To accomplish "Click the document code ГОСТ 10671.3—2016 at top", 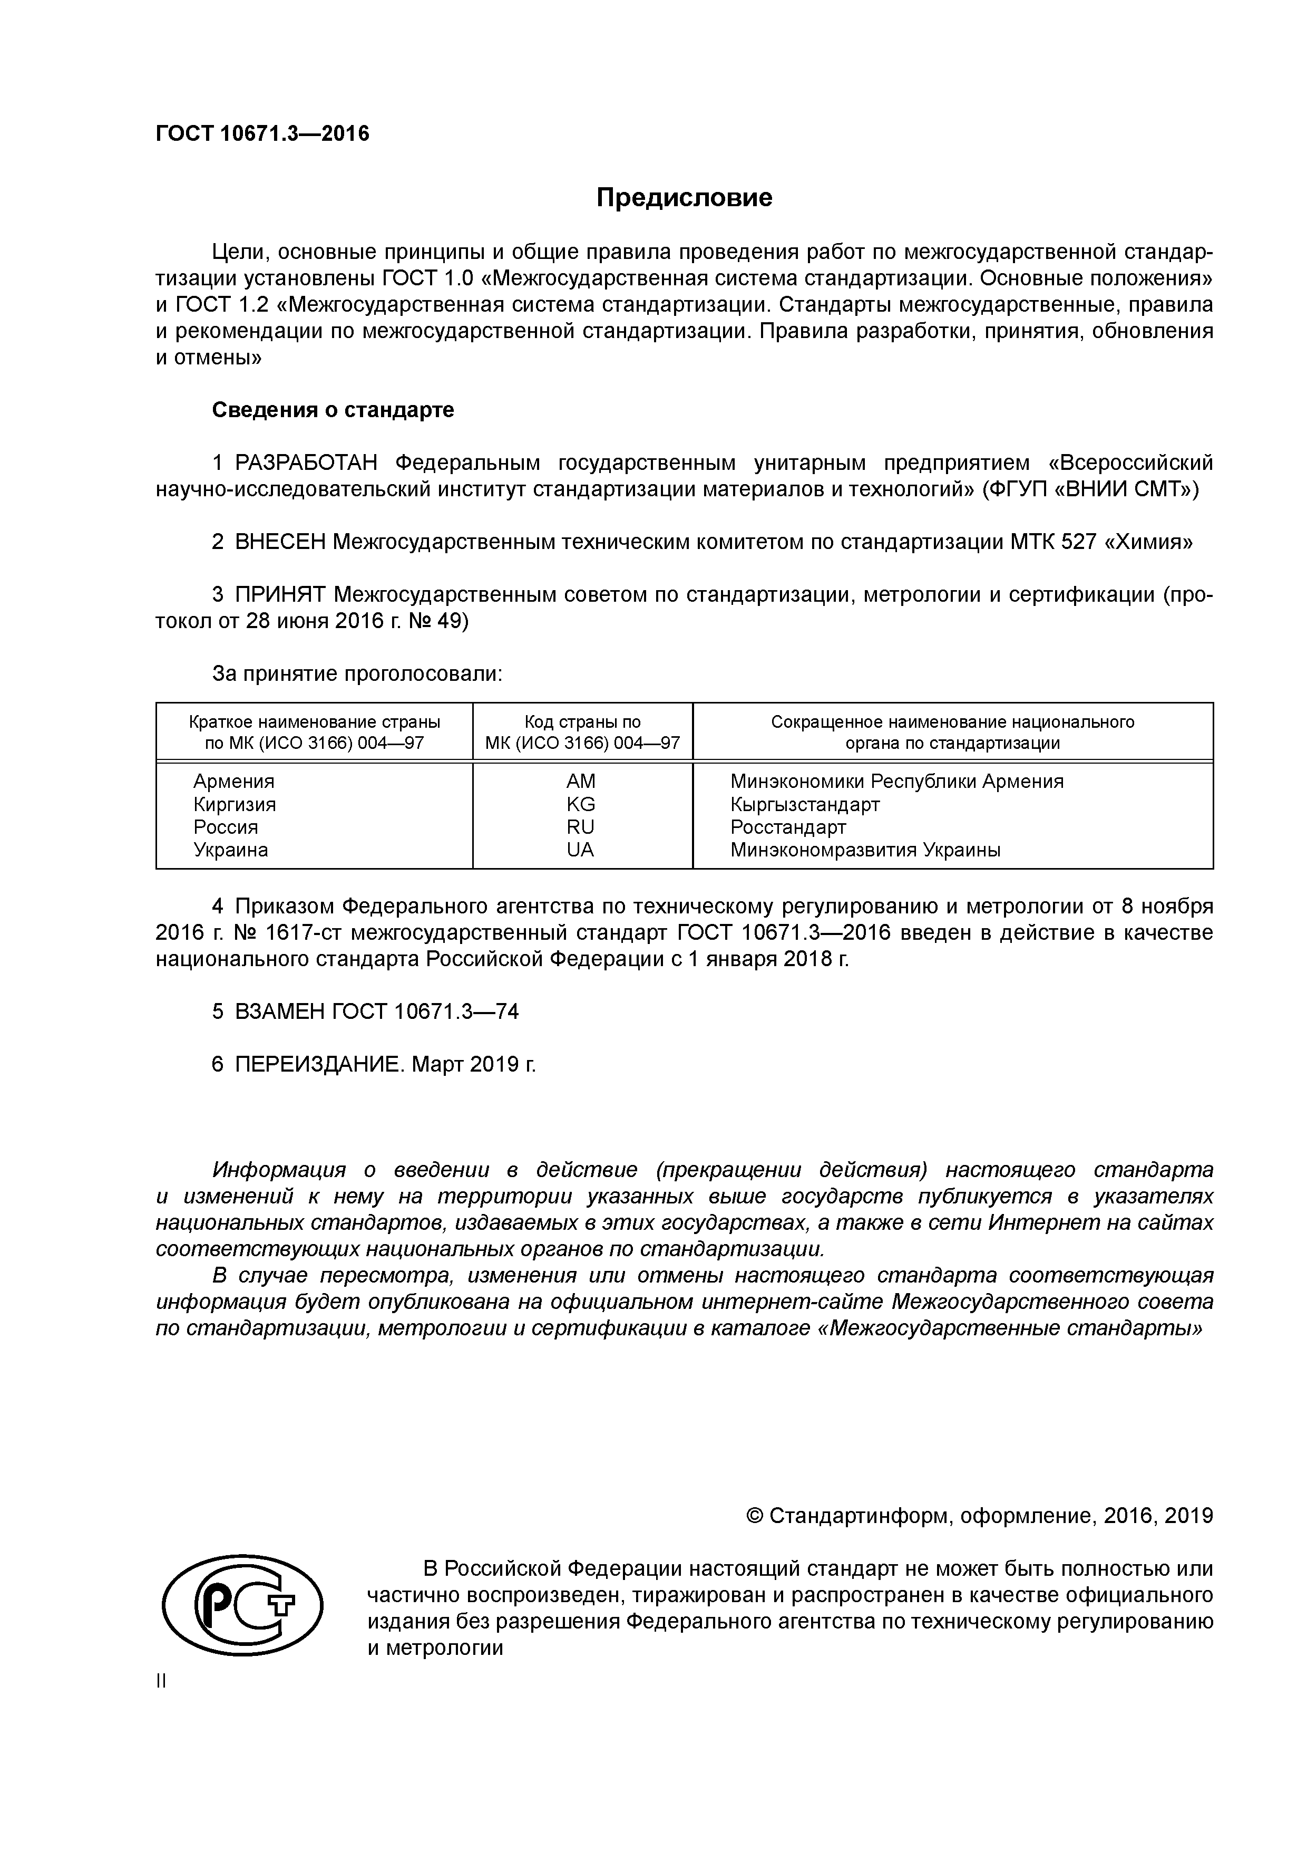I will [x=262, y=134].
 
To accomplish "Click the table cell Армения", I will [x=233, y=781].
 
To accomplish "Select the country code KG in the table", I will [x=581, y=804].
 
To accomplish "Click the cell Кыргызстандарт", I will [x=805, y=804].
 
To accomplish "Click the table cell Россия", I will [x=226, y=827].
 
